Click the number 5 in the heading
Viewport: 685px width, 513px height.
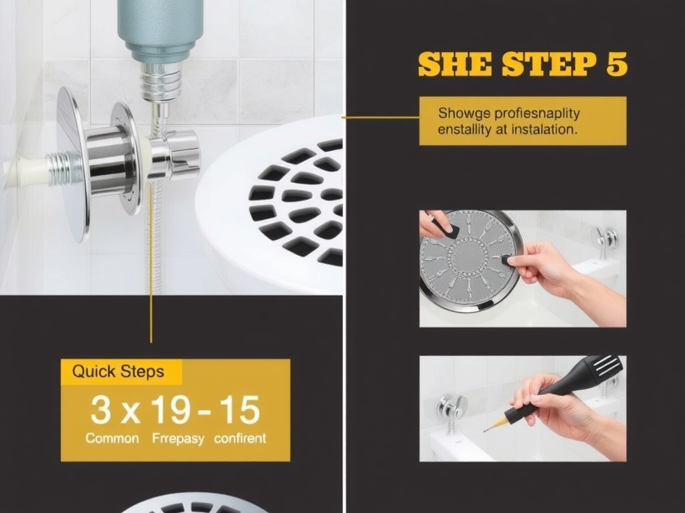click(x=616, y=65)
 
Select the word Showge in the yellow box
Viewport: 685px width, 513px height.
click(x=462, y=113)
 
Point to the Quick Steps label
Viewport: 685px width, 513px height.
click(x=118, y=371)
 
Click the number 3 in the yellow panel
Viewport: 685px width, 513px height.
click(x=100, y=410)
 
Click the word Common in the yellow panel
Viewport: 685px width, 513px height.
click(x=112, y=439)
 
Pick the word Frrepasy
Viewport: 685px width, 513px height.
click(x=177, y=439)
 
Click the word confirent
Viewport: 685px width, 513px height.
click(x=240, y=439)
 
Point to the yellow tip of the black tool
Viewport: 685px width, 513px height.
click(x=491, y=425)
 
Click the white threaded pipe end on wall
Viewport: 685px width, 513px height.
click(x=27, y=172)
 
